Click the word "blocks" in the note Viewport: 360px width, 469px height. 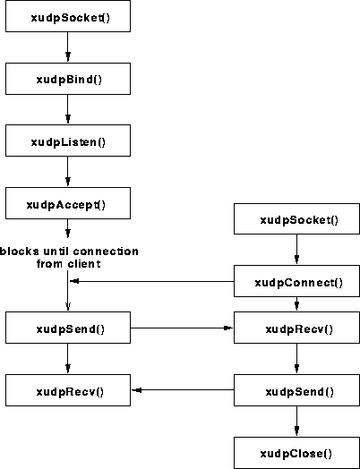(x=19, y=251)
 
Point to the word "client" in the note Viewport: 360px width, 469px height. (x=84, y=264)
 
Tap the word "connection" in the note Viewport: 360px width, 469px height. (x=106, y=251)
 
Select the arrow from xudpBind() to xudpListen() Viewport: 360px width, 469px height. (x=68, y=109)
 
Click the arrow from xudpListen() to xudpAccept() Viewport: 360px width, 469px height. (x=68, y=171)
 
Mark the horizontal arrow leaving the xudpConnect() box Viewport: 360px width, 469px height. (x=151, y=281)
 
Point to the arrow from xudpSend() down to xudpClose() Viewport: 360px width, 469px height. (x=296, y=421)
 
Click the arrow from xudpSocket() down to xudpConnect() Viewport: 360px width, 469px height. (x=296, y=249)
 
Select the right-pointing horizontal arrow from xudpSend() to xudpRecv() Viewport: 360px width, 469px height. (x=182, y=328)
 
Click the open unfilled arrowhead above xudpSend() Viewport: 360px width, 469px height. (x=68, y=306)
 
